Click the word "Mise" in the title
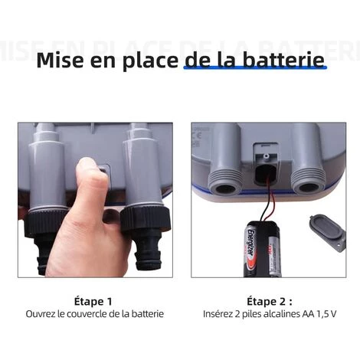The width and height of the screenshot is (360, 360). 60,60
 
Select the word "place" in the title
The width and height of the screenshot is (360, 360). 150,61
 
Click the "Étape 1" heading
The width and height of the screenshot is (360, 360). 93,301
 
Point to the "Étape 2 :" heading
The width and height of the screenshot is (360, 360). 270,301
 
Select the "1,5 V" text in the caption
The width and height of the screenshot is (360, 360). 326,314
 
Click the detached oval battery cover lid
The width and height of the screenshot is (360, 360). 328,233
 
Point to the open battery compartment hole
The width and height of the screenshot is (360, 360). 265,175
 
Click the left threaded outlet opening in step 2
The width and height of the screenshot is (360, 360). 226,188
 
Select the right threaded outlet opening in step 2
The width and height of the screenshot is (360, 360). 309,188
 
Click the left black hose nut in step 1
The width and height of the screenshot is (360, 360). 46,222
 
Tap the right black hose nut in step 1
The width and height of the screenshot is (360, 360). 145,218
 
